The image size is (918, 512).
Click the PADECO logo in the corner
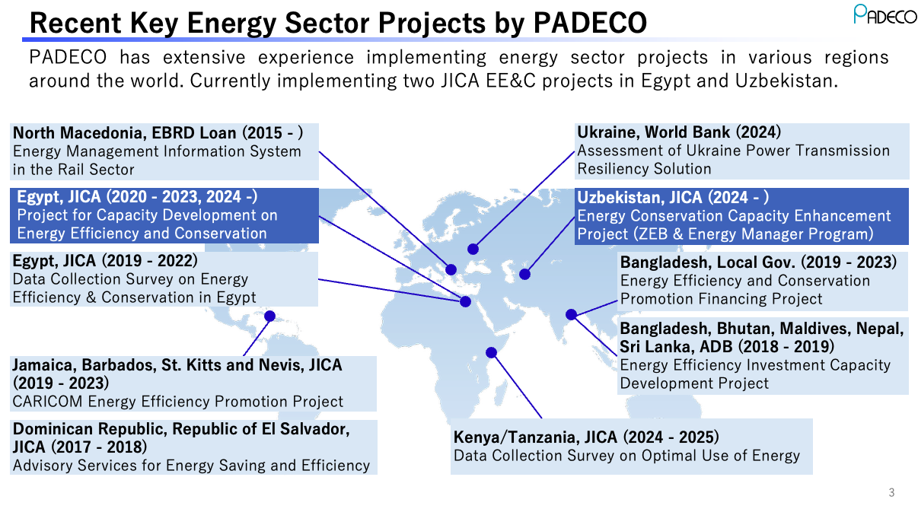tap(885, 14)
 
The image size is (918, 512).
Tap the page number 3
tap(891, 493)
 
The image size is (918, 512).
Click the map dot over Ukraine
tap(473, 249)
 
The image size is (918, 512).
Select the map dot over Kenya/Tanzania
tap(491, 352)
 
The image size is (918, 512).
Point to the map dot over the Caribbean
tap(269, 316)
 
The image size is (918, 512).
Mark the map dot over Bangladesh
tap(571, 314)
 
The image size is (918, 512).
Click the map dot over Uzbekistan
tap(524, 274)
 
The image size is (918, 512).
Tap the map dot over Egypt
tap(466, 301)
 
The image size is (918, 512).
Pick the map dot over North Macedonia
tap(451, 269)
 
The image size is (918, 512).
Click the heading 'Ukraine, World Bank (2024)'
tap(679, 132)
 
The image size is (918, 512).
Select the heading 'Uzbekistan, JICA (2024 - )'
tap(673, 198)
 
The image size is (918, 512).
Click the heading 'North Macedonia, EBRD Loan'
tap(158, 132)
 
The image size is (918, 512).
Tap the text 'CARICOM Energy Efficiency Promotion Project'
tap(177, 401)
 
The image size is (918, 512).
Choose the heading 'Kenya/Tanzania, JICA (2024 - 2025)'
tap(586, 437)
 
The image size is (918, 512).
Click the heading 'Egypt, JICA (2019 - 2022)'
tap(105, 261)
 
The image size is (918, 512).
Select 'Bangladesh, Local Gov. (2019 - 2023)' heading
tap(758, 262)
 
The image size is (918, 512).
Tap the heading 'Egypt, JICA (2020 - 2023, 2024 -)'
tap(137, 197)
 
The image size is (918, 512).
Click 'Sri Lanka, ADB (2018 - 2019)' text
tap(726, 346)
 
